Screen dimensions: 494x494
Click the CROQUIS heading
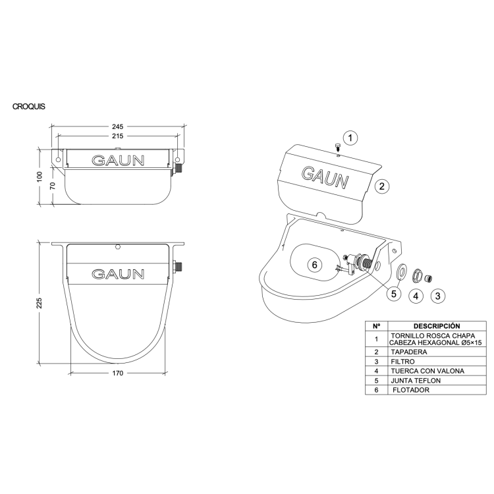click(x=29, y=107)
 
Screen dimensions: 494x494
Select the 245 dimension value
click(x=117, y=126)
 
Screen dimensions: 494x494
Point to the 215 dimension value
click(x=117, y=136)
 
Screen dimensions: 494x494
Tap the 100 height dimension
click(x=40, y=177)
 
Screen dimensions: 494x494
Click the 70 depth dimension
click(x=53, y=186)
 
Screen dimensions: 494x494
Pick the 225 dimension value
click(x=40, y=303)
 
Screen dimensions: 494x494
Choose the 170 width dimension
click(x=117, y=373)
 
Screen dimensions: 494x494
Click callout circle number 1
click(x=350, y=138)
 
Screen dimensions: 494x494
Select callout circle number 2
click(x=382, y=186)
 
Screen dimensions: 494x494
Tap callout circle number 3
click(x=437, y=296)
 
